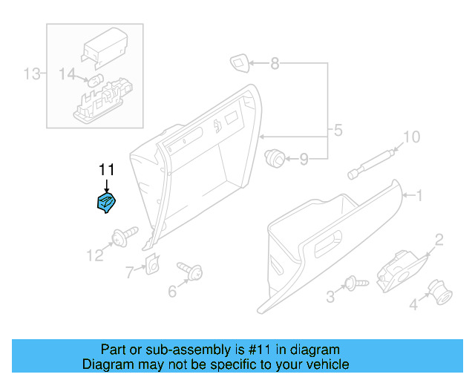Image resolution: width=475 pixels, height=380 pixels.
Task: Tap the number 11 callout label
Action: point(106,170)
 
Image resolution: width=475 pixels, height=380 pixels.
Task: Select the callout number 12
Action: point(94,256)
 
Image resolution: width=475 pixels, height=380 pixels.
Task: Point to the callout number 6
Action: point(172,291)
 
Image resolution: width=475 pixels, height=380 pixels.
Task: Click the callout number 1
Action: point(419,196)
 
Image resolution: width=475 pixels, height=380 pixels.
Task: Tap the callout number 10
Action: point(410,137)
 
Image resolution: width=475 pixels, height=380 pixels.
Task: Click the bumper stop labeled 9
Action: point(275,157)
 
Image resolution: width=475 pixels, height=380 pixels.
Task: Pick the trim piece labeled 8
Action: point(240,63)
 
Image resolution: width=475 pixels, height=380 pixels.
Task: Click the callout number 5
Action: point(338,131)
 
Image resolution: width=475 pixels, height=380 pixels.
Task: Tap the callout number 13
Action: point(32,73)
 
